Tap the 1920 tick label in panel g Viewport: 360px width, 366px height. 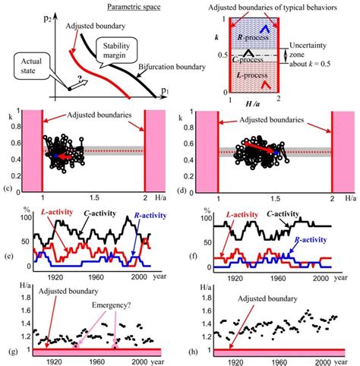click(x=49, y=361)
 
